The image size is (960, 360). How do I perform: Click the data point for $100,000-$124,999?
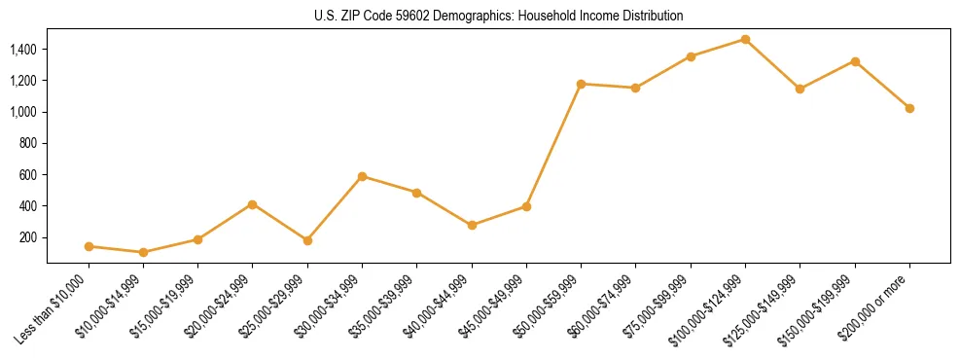click(745, 39)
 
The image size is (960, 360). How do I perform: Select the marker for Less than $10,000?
click(89, 246)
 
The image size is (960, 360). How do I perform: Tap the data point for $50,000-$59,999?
click(581, 84)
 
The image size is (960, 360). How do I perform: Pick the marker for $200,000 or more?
click(909, 108)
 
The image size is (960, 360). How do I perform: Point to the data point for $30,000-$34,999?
click(362, 176)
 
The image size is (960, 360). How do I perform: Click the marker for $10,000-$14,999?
click(143, 252)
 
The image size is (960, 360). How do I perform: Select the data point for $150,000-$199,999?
click(855, 61)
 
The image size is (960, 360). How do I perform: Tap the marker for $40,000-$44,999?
click(472, 225)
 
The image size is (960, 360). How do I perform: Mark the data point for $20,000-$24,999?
click(253, 204)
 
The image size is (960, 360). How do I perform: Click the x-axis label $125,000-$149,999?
click(768, 306)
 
